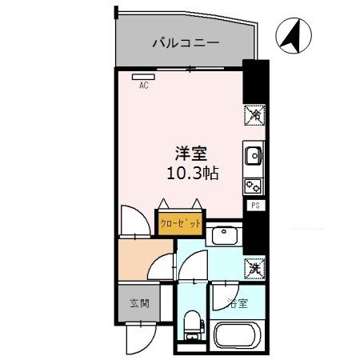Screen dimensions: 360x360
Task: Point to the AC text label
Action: [144, 86]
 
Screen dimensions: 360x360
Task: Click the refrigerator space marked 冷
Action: [252, 114]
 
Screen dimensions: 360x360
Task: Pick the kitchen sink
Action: [252, 154]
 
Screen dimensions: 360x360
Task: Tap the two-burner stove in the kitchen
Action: [252, 185]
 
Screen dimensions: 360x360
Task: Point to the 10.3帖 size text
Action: [193, 172]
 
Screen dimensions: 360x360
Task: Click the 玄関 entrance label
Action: [138, 304]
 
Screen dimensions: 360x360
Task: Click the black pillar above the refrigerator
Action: [251, 80]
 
